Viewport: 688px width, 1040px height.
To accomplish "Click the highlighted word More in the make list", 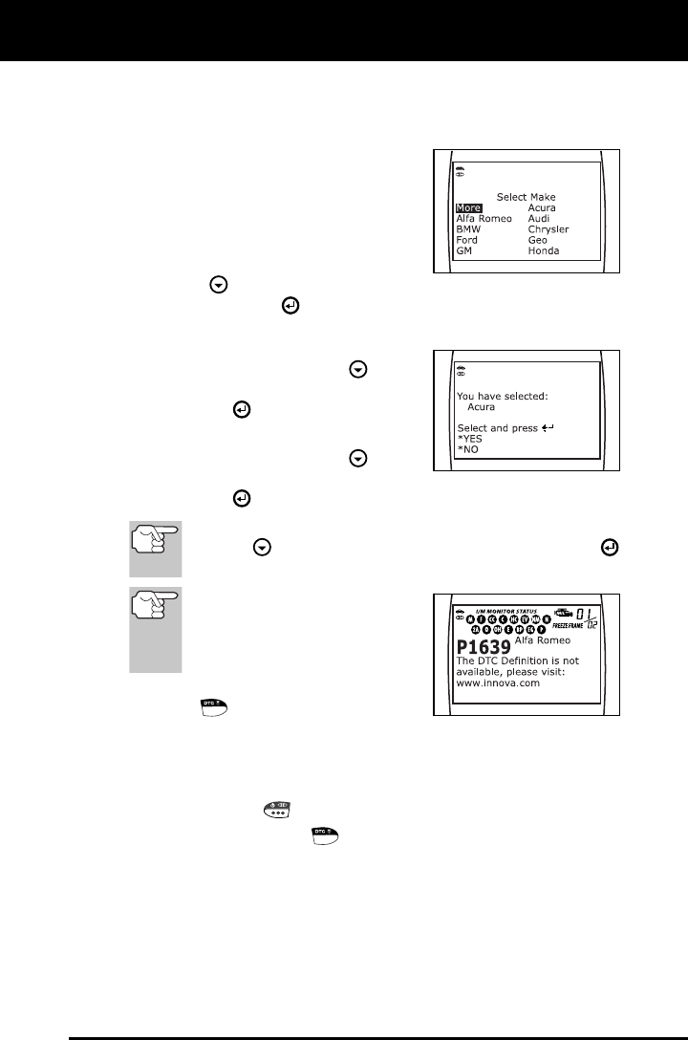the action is pos(468,208).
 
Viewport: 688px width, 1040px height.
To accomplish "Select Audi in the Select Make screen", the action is pos(539,219).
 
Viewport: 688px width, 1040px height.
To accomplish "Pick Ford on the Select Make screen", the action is pos(468,240).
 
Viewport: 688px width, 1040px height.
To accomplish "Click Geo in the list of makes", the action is pos(538,240).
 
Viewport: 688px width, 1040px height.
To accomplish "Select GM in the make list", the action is pos(464,250).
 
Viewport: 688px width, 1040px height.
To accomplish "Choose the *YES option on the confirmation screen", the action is pos(470,439).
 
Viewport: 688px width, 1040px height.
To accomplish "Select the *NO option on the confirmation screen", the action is pos(467,449).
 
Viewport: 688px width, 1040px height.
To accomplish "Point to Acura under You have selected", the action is pos(481,406).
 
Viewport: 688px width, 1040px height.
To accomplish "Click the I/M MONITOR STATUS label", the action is pos(506,610).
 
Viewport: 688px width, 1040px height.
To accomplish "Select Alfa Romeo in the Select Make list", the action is pos(484,219).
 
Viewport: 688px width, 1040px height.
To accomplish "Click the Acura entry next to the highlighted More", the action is pos(542,208).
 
